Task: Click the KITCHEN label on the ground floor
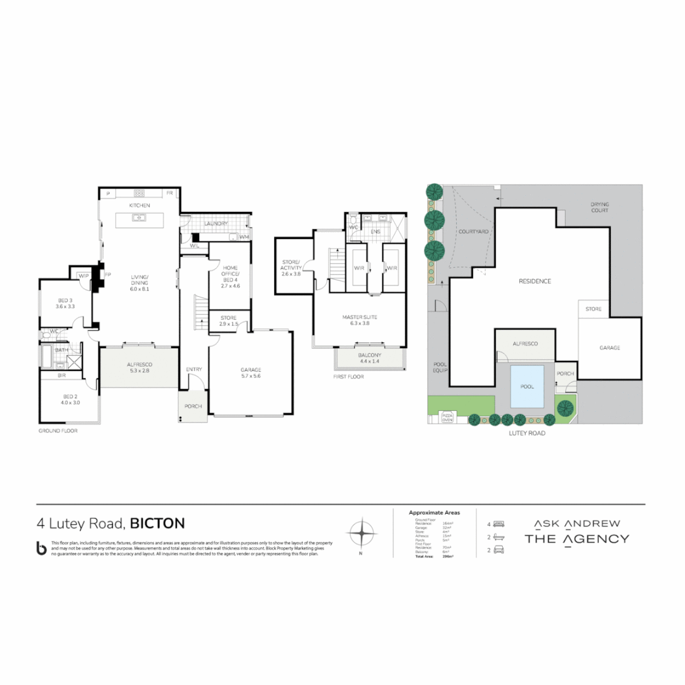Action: (139, 206)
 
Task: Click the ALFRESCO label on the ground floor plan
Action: (138, 364)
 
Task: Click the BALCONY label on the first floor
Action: (370, 355)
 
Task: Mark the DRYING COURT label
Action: (599, 207)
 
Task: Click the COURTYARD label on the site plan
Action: (473, 232)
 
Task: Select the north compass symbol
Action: (360, 533)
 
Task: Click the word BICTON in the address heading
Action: (157, 523)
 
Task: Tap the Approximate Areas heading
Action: (434, 512)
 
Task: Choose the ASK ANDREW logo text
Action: (577, 523)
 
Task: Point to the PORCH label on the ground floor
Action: (192, 407)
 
